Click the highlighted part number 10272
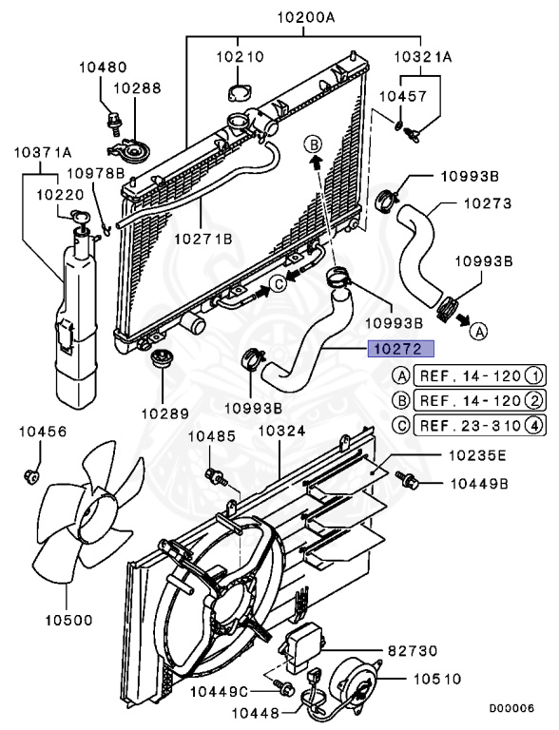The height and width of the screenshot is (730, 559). click(x=400, y=349)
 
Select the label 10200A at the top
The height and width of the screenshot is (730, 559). click(x=305, y=18)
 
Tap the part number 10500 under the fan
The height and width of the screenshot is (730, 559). click(x=69, y=620)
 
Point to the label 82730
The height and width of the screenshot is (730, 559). click(x=413, y=650)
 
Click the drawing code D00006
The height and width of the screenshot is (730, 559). click(x=511, y=708)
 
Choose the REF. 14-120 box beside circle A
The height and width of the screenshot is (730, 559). click(x=479, y=375)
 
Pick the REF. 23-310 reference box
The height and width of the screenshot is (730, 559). click(x=479, y=425)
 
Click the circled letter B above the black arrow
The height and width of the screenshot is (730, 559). click(x=314, y=144)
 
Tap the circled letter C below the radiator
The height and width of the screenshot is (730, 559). click(x=279, y=283)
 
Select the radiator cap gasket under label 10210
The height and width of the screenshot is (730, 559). click(x=238, y=91)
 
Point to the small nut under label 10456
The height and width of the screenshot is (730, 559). click(x=30, y=476)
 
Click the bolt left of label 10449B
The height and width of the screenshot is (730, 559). click(x=407, y=480)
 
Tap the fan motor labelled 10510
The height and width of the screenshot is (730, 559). click(x=355, y=679)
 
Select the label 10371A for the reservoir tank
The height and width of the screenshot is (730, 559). click(x=43, y=152)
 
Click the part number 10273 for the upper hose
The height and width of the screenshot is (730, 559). click(x=488, y=203)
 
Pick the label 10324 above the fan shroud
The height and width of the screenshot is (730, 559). click(x=281, y=431)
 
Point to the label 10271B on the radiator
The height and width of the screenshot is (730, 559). click(x=203, y=239)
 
